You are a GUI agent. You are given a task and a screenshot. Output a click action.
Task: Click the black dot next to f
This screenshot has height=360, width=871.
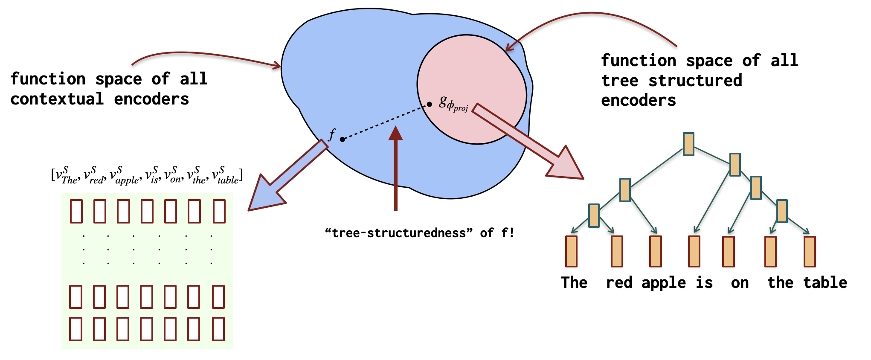[342, 139]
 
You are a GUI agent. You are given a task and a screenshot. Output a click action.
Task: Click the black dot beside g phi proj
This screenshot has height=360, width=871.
[430, 105]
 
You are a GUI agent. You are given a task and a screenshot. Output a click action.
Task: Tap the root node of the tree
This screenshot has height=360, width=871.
[688, 144]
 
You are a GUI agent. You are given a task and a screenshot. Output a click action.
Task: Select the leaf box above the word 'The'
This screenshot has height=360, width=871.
[571, 251]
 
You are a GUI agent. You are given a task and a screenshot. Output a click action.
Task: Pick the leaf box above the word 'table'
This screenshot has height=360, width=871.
[810, 251]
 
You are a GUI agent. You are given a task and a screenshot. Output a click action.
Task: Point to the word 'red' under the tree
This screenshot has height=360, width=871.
[619, 283]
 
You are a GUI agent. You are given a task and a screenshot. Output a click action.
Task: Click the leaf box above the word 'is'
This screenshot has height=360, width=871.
[694, 251]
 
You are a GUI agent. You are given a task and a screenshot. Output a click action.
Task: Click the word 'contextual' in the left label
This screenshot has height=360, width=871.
[57, 99]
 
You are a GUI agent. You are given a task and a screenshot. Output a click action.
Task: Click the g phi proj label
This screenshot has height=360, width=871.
[453, 104]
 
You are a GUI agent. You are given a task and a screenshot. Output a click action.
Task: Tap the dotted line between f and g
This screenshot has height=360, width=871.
[386, 122]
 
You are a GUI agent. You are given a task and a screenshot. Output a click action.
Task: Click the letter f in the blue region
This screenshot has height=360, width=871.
[332, 134]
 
